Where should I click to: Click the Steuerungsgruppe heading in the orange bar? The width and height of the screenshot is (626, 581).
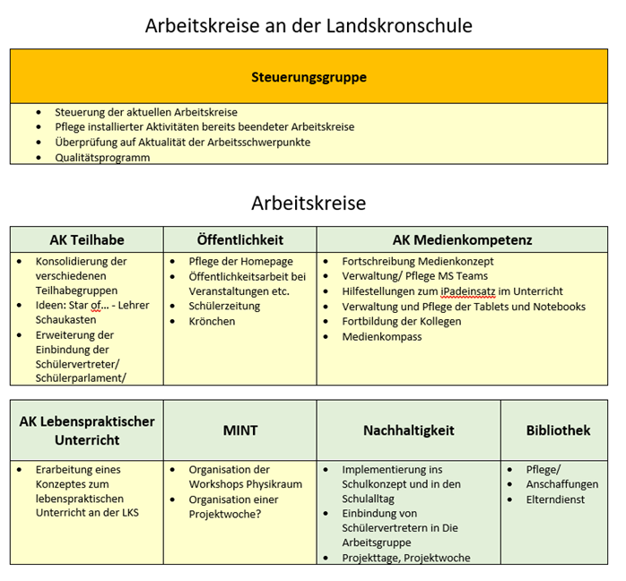(309, 77)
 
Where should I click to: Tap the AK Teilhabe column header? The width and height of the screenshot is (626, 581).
(87, 239)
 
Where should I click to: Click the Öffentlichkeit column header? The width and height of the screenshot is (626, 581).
(239, 239)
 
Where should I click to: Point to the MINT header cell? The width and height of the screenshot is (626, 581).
(239, 430)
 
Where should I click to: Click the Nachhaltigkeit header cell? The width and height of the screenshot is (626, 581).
(408, 430)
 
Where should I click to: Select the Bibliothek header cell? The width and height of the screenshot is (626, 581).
(558, 430)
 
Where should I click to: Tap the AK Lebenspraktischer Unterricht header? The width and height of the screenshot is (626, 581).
(87, 430)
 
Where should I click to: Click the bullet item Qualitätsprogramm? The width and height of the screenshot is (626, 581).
(102, 157)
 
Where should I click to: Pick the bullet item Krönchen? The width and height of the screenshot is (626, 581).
(212, 321)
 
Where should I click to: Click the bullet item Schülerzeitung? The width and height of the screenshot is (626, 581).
(224, 306)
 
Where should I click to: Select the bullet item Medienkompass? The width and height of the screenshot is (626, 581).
(381, 336)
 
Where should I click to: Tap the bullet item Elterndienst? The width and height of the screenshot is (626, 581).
(557, 499)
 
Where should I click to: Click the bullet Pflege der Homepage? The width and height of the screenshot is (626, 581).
(240, 261)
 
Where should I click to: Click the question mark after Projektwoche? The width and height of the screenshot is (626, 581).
(258, 514)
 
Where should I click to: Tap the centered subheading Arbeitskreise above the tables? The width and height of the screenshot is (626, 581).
(309, 203)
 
